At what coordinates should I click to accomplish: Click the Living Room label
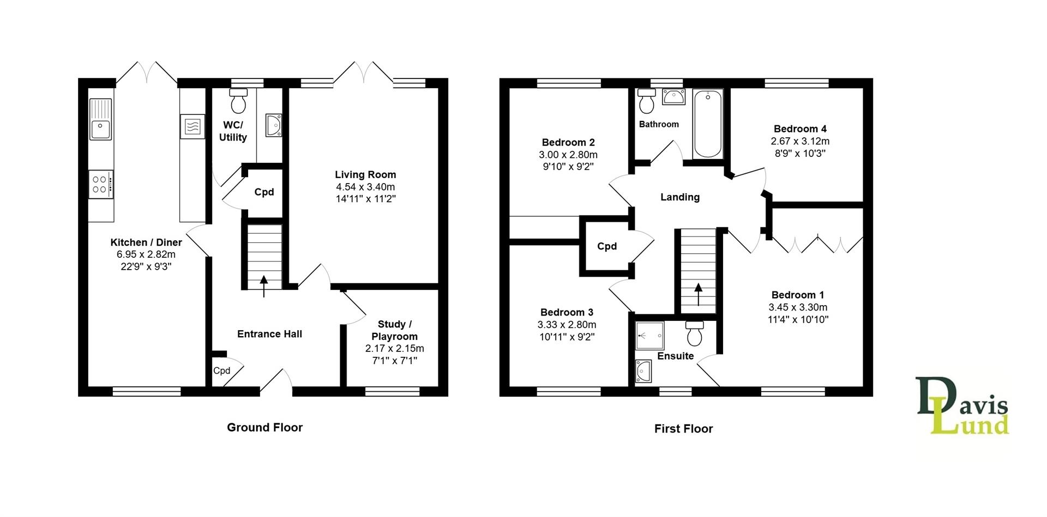click(365, 175)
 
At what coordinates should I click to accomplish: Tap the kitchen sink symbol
click(100, 119)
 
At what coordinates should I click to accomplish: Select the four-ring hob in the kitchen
click(101, 184)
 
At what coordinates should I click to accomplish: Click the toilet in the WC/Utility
click(238, 101)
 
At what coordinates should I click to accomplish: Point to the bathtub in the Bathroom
click(708, 124)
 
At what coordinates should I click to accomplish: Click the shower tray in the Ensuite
click(650, 336)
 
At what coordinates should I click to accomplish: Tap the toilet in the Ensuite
click(695, 333)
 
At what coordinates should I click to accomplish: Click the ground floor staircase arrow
click(264, 285)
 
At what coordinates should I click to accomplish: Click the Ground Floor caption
click(264, 428)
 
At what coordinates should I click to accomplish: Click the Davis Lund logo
click(962, 406)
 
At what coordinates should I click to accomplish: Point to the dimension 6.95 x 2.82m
click(146, 254)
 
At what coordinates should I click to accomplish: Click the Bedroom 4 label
click(800, 129)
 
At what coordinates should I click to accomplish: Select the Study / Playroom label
click(394, 331)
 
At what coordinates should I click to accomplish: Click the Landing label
click(679, 197)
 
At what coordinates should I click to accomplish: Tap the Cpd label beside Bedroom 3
click(607, 246)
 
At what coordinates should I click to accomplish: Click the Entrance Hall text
click(269, 334)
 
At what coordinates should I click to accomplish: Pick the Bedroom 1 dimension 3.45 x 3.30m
click(798, 307)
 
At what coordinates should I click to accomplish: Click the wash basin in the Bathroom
click(673, 97)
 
